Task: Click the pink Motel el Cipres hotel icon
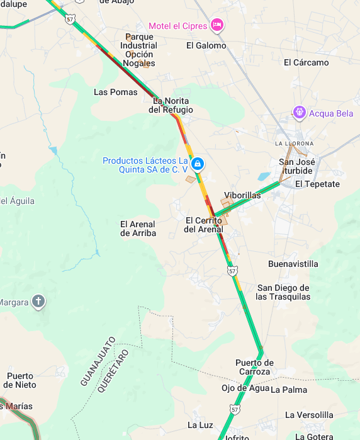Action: point(217,25)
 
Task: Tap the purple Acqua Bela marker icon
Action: point(300,113)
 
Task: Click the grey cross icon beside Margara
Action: point(38,302)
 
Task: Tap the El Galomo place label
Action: point(206,45)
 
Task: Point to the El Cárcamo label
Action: point(306,62)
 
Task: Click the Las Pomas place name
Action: point(115,92)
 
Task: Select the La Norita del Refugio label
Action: point(171,105)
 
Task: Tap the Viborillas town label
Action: point(242,196)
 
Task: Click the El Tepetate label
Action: point(317,184)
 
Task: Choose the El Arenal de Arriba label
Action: point(138,228)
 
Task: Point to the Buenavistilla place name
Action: point(293,264)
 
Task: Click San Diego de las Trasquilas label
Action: point(283,292)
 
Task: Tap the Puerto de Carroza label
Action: point(254,367)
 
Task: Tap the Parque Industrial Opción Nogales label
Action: point(139,50)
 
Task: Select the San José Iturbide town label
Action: point(296,166)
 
